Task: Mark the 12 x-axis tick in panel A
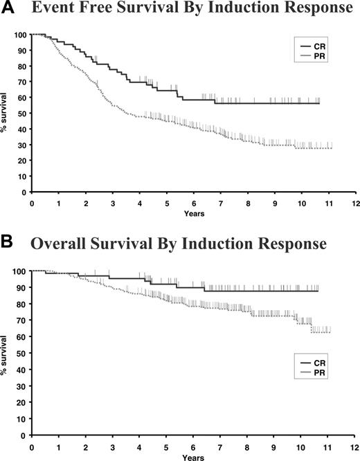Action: click(354, 204)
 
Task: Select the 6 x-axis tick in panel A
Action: click(192, 204)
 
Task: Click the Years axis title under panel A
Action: click(193, 214)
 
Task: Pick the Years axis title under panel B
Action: click(193, 458)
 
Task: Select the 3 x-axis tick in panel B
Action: click(112, 447)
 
